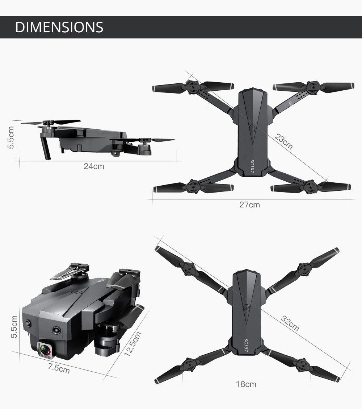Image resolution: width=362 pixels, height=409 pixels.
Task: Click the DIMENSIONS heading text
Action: click(59, 28)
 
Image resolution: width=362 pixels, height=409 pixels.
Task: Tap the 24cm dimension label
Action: click(94, 166)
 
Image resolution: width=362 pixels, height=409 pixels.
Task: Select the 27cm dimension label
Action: click(249, 205)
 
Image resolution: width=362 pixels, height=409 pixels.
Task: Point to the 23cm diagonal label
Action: click(284, 141)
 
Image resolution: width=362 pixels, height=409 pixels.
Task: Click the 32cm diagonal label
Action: click(290, 324)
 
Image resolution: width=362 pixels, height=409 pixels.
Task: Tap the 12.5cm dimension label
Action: click(132, 344)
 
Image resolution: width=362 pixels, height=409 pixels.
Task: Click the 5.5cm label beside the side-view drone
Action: click(11, 137)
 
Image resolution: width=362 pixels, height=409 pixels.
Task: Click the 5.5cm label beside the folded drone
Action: click(14, 327)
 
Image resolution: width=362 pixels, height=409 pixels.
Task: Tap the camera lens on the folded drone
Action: click(45, 350)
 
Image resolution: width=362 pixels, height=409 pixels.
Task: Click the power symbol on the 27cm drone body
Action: click(252, 128)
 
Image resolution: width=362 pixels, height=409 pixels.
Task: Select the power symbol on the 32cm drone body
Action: click(247, 309)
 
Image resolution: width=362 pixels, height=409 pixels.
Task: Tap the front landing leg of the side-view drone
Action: click(46, 147)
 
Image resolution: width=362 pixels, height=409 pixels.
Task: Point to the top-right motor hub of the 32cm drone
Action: click(303, 269)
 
